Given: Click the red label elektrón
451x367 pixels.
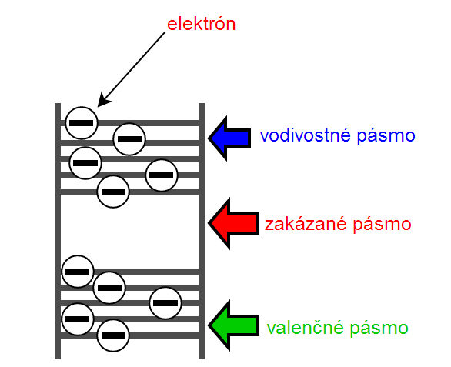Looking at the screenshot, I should point(201,24).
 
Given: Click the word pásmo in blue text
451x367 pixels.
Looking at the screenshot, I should point(388,136).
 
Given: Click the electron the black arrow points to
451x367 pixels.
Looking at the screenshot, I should point(82,122).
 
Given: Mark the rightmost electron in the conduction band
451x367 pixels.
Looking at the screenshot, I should point(162,175).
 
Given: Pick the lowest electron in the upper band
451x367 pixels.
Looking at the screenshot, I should point(113,191).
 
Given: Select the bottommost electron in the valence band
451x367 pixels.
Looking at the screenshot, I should point(114,335).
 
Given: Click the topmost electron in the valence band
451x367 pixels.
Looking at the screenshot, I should point(77,272).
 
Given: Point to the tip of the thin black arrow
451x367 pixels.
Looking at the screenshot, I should point(99,104).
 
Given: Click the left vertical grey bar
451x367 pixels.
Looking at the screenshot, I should point(58,231).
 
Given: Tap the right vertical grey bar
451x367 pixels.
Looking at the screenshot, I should point(202,231).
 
